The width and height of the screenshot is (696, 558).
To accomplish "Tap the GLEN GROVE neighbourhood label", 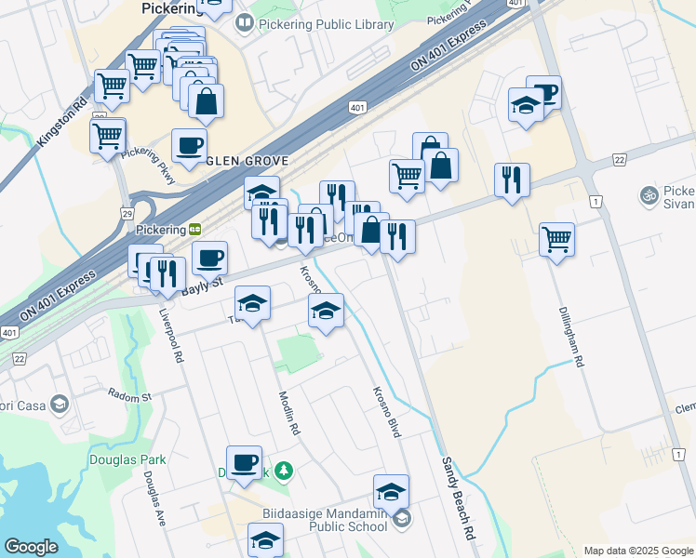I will (x=255, y=158).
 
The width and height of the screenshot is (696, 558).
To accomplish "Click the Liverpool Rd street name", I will (x=173, y=337).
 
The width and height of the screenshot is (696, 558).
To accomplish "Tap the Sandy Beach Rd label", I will (x=458, y=499).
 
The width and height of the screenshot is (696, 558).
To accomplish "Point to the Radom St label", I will (x=128, y=396).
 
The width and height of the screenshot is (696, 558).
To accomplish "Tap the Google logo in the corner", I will (x=31, y=547).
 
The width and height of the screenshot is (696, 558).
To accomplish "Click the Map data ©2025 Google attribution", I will (x=637, y=551).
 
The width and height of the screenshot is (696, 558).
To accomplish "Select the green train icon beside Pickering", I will (x=195, y=229).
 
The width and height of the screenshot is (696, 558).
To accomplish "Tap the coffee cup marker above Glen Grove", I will (x=189, y=145).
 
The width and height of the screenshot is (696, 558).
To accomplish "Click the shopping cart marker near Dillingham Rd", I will (x=556, y=238).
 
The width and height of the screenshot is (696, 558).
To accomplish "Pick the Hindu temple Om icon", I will (x=649, y=196).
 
